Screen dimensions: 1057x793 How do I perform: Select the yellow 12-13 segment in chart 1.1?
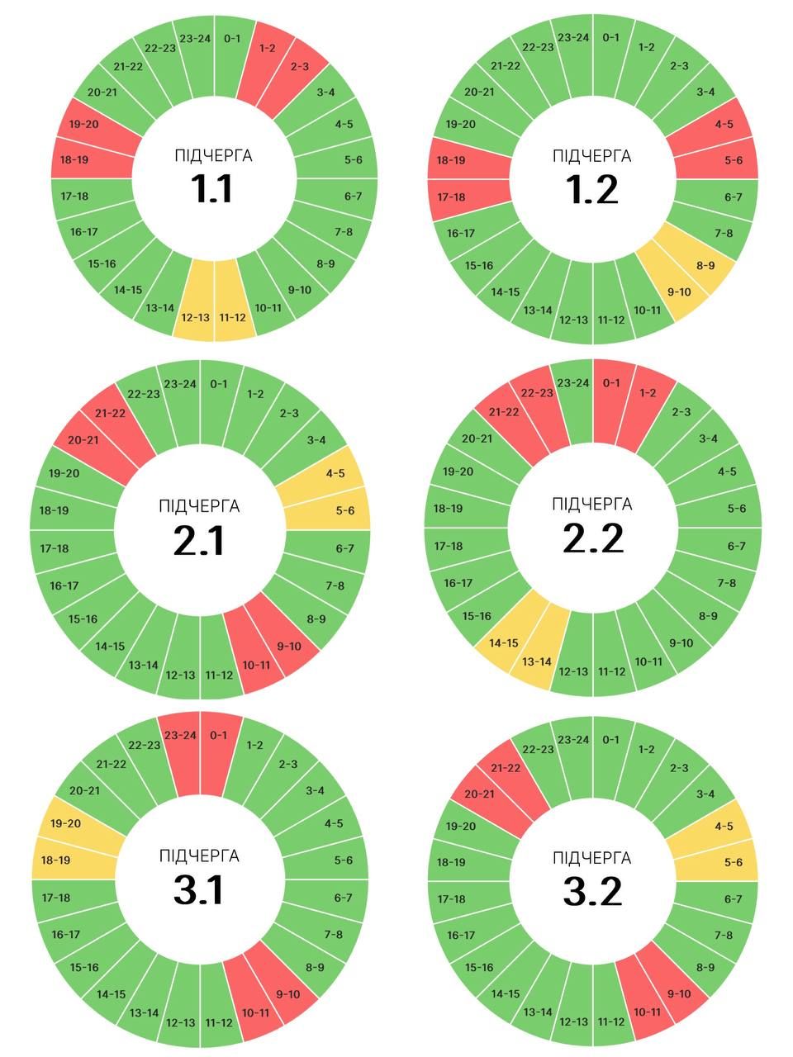tap(196, 310)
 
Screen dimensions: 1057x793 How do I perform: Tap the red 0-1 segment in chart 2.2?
tap(610, 390)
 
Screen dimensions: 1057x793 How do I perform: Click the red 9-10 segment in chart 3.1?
tap(285, 990)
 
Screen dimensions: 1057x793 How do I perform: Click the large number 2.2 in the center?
tap(592, 538)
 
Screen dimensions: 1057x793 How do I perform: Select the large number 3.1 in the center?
tap(199, 890)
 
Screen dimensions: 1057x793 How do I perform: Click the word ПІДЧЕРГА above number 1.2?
tap(592, 156)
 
